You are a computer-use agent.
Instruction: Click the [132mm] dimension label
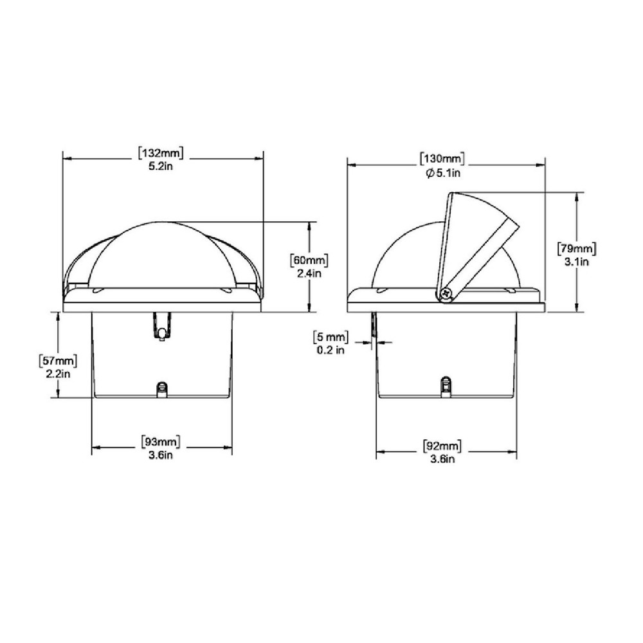(160, 153)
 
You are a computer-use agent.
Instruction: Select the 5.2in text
(160, 166)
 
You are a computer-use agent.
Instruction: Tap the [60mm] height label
(309, 260)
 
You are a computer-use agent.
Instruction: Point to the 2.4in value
(309, 273)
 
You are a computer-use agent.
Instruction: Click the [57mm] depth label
(58, 361)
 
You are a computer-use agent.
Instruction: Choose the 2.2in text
(58, 374)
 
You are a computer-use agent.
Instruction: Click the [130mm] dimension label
(442, 159)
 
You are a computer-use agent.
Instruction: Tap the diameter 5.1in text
(443, 172)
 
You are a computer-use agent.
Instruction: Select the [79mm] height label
(577, 248)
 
